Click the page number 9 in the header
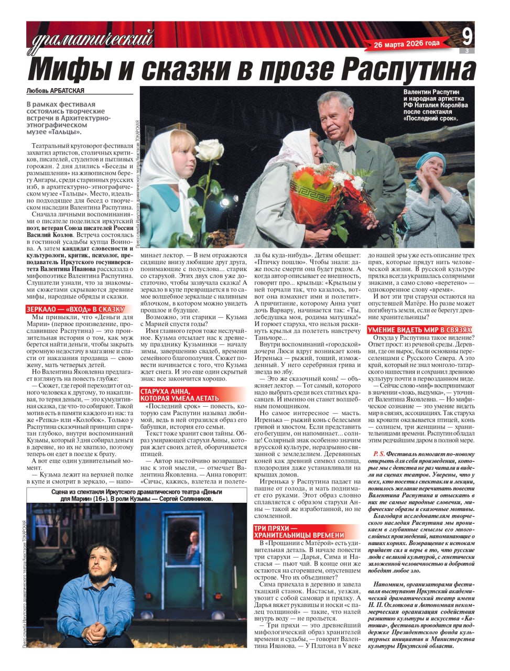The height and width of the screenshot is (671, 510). pos(467,36)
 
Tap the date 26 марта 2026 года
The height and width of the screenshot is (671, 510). pos(407,44)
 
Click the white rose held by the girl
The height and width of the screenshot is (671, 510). pos(209,150)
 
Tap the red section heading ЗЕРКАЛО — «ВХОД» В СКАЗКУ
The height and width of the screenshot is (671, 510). pos(75,309)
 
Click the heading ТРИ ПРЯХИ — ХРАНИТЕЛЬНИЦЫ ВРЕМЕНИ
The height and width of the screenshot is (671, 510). pos(299,532)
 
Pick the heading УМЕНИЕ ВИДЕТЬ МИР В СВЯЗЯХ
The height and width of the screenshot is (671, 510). pos(419,330)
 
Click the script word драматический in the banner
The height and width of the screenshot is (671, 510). pos(93,38)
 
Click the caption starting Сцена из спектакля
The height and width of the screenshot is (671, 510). pos(133,495)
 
